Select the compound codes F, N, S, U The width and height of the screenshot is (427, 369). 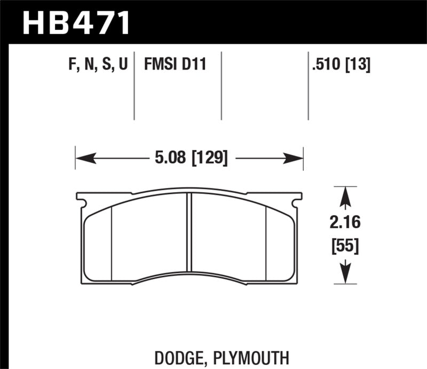coord(98,65)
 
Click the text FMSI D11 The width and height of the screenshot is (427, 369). coord(175,65)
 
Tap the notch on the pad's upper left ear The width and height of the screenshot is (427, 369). coord(81,202)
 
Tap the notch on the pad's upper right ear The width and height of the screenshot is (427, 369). coord(297,202)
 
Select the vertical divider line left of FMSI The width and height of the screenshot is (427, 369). coord(134,85)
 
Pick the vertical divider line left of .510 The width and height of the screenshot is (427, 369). coord(308,85)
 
